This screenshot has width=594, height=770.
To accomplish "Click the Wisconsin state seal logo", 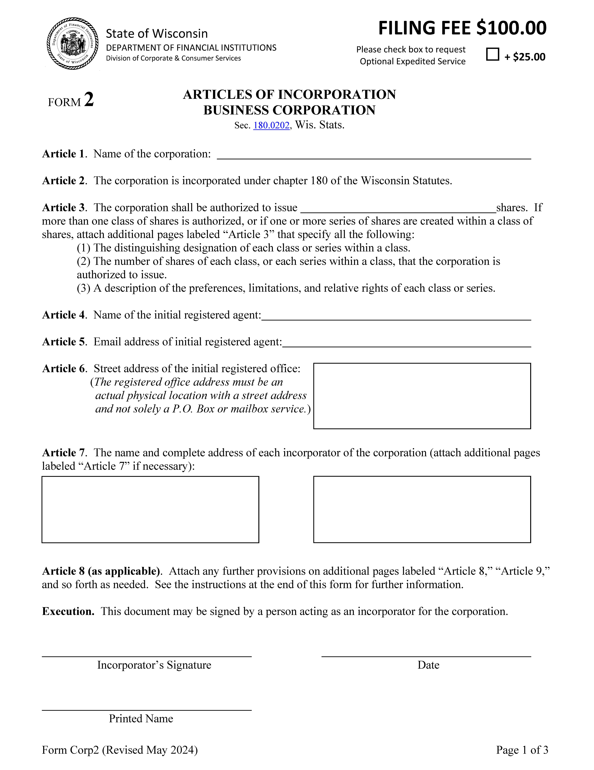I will point(73,43).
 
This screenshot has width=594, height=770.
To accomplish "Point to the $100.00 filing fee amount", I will point(511,28).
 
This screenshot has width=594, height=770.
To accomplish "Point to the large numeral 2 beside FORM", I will point(89,100).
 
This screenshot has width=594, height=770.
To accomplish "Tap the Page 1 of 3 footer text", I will point(522,750).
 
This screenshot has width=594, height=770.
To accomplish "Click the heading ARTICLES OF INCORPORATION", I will point(289,94).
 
